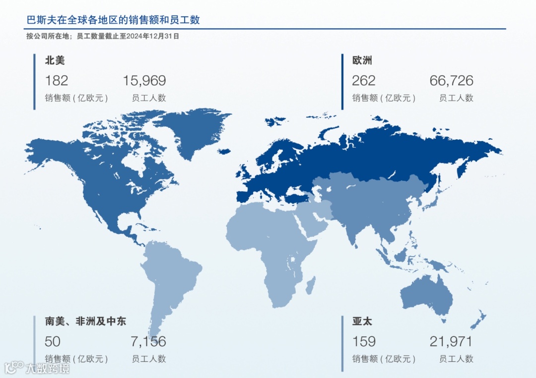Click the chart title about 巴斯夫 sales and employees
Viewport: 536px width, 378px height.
pos(113,20)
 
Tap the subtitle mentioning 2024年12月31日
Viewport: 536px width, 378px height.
pos(102,36)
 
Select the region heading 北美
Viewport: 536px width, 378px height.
pos(55,61)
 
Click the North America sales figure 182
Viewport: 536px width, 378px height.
pos(56,80)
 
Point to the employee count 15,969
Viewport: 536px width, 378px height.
pos(144,80)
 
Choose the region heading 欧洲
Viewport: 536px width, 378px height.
pos(362,61)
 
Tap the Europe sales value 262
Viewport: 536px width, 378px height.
pos(363,80)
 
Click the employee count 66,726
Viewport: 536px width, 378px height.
pos(451,80)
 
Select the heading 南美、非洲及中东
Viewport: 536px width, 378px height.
pos(85,322)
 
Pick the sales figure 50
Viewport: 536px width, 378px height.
pos(52,341)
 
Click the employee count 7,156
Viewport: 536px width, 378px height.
pos(148,341)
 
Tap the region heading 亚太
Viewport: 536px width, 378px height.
pos(362,322)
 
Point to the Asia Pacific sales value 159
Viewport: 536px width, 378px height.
pos(363,341)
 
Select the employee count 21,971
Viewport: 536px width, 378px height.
pos(451,341)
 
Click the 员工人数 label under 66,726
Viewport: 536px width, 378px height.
pos(456,98)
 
